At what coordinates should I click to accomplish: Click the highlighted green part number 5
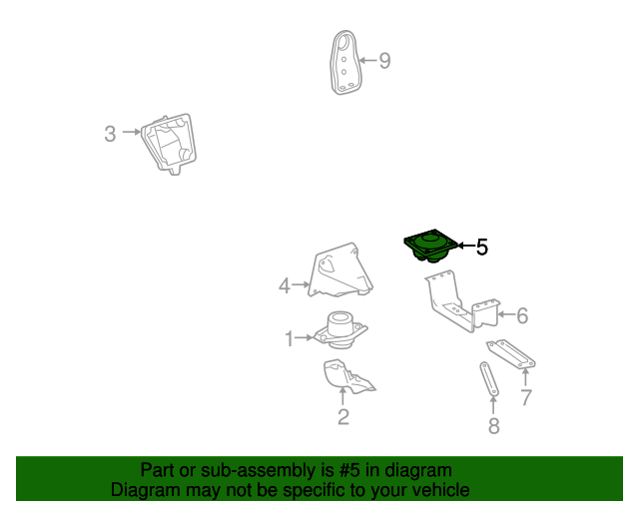(x=431, y=247)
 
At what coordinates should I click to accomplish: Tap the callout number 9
(x=384, y=61)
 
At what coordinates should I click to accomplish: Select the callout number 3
(x=110, y=134)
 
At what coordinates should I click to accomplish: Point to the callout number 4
(x=285, y=285)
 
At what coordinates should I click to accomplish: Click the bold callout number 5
(x=482, y=247)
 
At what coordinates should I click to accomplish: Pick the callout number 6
(x=522, y=315)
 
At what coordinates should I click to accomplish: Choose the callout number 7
(x=526, y=397)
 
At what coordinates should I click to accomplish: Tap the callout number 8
(x=494, y=426)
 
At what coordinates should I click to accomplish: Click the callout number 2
(x=343, y=417)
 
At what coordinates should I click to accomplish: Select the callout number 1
(x=290, y=338)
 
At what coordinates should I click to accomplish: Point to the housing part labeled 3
(x=169, y=144)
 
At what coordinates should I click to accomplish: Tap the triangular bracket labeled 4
(x=340, y=271)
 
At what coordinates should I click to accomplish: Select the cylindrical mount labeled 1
(x=340, y=330)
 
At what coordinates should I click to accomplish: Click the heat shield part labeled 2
(x=347, y=376)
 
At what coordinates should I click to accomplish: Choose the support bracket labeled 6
(x=462, y=301)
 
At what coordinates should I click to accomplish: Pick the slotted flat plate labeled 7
(x=510, y=354)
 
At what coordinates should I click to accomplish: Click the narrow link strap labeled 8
(x=489, y=378)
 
